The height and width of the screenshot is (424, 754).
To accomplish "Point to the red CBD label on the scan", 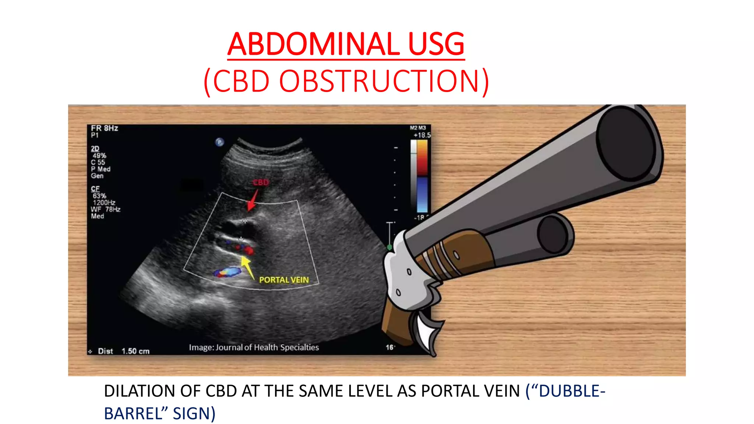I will click(x=261, y=183).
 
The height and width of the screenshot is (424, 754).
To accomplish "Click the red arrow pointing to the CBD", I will click(x=252, y=201).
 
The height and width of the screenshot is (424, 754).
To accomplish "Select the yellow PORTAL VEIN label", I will click(x=284, y=280).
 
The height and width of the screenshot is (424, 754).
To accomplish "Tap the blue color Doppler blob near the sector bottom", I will click(x=228, y=272).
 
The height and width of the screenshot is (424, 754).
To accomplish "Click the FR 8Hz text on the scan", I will click(x=105, y=128).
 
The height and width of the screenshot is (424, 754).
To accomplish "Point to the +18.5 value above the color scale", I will click(x=422, y=135).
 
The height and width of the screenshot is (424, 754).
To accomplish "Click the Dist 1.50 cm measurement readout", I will click(x=123, y=351).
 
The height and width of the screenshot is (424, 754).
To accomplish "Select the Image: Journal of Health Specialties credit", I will click(x=254, y=347).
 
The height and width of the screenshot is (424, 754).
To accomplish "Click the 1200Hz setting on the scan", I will click(x=104, y=202).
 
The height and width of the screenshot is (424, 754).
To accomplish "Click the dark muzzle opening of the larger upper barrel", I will click(x=626, y=144).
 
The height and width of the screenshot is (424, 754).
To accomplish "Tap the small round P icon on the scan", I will click(x=220, y=142).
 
